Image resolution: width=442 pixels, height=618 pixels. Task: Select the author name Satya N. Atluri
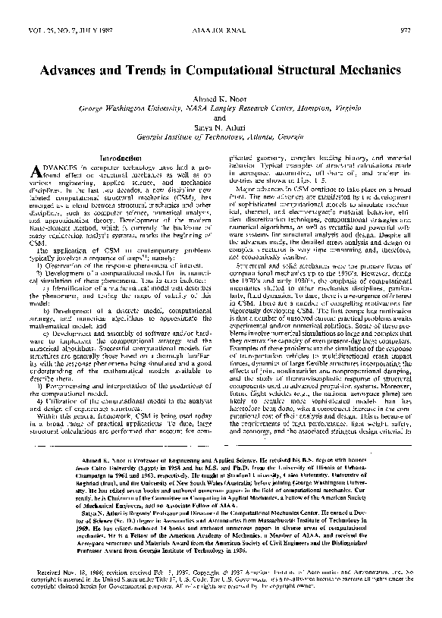pos(220,128)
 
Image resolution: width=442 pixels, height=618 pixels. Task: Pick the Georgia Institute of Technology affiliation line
pos(220,138)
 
